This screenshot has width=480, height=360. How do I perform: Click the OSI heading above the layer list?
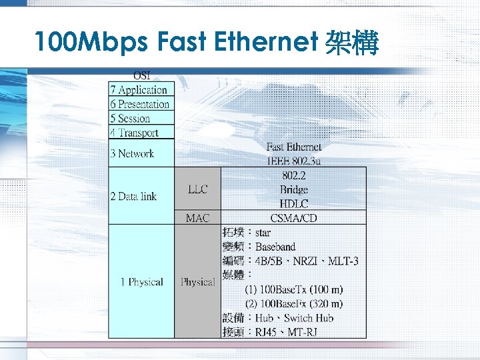pos(141,75)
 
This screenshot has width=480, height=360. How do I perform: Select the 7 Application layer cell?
pos(139,89)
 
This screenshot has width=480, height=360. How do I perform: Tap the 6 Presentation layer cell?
pos(140,104)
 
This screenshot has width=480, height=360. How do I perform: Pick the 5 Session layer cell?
pos(130,119)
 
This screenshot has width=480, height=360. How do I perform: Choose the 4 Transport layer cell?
pos(135,133)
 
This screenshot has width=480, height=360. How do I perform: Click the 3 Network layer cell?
pos(132,153)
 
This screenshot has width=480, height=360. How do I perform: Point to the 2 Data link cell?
pos(133,196)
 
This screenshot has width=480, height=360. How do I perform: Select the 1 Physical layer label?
pos(141,282)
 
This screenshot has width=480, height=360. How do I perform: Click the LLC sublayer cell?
pos(197,189)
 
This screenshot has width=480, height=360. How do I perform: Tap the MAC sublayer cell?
pos(197,218)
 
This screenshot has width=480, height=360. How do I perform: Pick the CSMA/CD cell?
pos(293,218)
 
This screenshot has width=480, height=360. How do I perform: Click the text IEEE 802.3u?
pos(293,160)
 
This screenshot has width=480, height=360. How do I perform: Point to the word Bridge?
pos(293,190)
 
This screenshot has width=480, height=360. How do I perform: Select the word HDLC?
pos(293,204)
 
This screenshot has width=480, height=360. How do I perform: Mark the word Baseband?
pos(275,247)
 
